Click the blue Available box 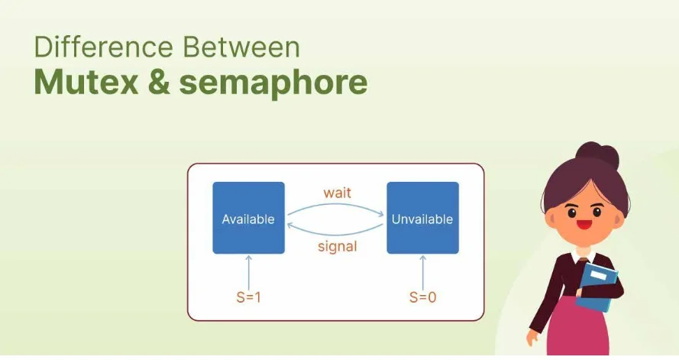(x=248, y=218)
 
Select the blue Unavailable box (x=422, y=218)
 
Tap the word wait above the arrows (x=337, y=193)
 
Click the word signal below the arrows (x=338, y=247)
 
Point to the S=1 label (x=248, y=297)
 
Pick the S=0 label (x=422, y=297)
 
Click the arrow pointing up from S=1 (x=248, y=273)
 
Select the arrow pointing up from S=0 (x=423, y=273)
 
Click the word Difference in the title (x=103, y=47)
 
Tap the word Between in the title (x=241, y=47)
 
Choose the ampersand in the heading (x=159, y=82)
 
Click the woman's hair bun (x=597, y=154)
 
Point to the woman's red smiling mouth (x=584, y=225)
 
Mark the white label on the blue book (x=600, y=275)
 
